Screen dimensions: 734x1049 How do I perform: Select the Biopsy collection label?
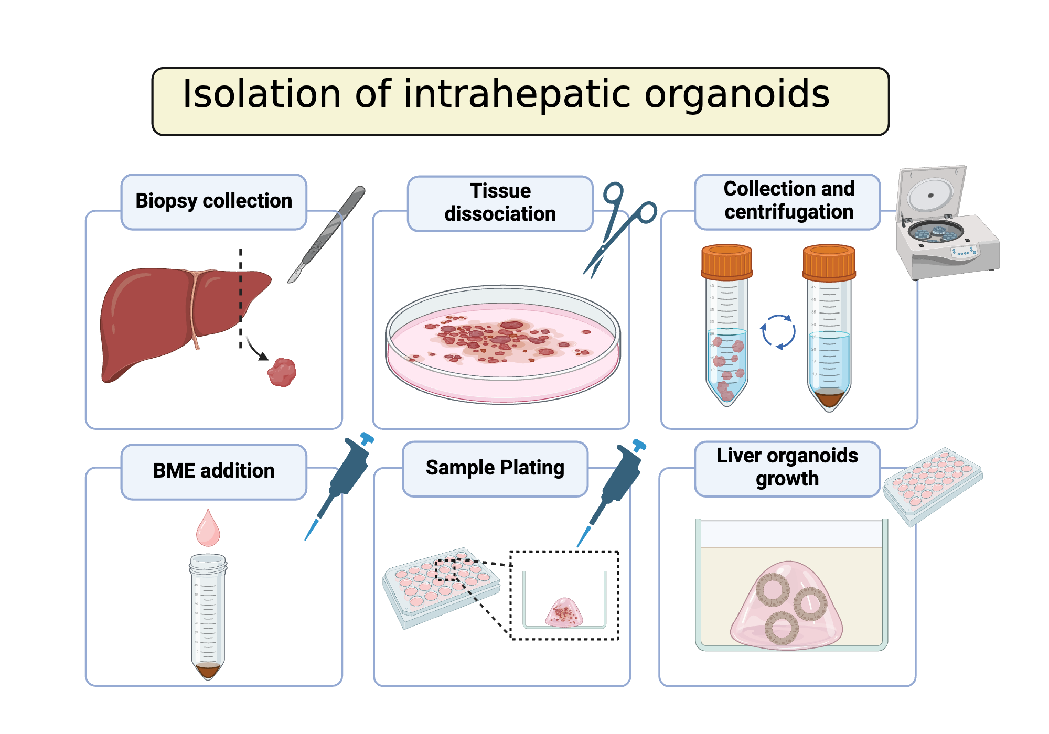point(213,201)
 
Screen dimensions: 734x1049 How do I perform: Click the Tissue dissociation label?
point(500,203)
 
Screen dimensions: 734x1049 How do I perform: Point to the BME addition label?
point(213,471)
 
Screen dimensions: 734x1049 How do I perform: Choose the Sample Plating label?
point(495,468)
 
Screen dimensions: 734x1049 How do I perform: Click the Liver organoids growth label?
point(787,467)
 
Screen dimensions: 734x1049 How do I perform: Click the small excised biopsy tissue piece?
point(282,372)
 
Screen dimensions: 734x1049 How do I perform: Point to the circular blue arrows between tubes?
point(778,332)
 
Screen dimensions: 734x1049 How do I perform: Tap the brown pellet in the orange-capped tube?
point(829,399)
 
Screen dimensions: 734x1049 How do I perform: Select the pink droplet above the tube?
point(208,530)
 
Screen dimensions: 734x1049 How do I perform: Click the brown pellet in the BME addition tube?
point(208,670)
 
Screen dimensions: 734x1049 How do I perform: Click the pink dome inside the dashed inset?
point(564,612)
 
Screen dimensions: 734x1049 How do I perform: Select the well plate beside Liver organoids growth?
point(933,484)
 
